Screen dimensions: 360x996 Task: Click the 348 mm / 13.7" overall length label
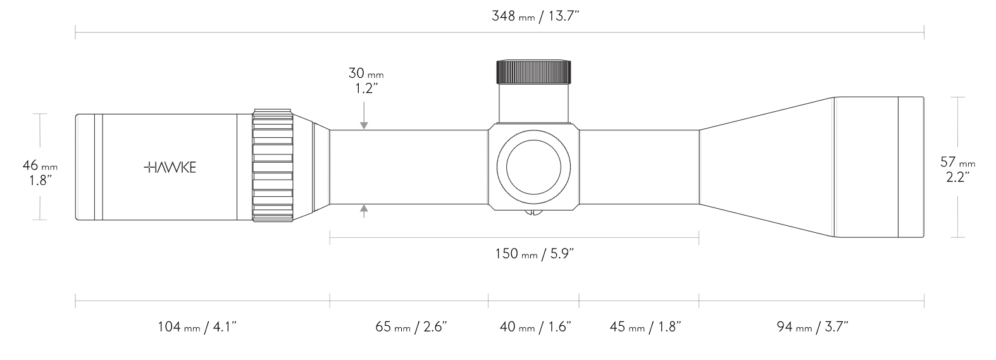point(535,16)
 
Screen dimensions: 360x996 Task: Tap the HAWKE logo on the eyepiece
point(170,167)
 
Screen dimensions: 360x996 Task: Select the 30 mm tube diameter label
point(365,73)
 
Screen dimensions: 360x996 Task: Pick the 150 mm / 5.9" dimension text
point(534,254)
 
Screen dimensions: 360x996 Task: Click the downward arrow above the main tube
point(364,124)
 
